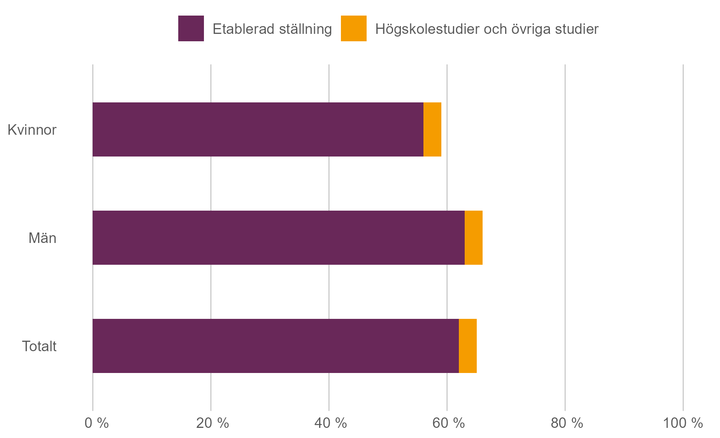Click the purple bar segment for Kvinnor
[x=258, y=129]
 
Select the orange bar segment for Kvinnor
[x=432, y=129]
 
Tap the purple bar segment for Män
[x=278, y=237]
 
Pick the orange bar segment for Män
[x=473, y=237]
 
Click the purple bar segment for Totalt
[x=276, y=346]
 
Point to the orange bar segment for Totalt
[x=467, y=346]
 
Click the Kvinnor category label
[x=32, y=130]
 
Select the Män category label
[x=42, y=238]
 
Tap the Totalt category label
[x=39, y=346]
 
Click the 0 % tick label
[x=97, y=423]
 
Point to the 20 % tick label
[x=212, y=423]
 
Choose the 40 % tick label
[x=330, y=423]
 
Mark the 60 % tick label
[x=448, y=423]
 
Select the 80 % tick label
[x=567, y=423]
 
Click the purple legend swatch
[x=191, y=28]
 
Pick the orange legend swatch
[x=353, y=28]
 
